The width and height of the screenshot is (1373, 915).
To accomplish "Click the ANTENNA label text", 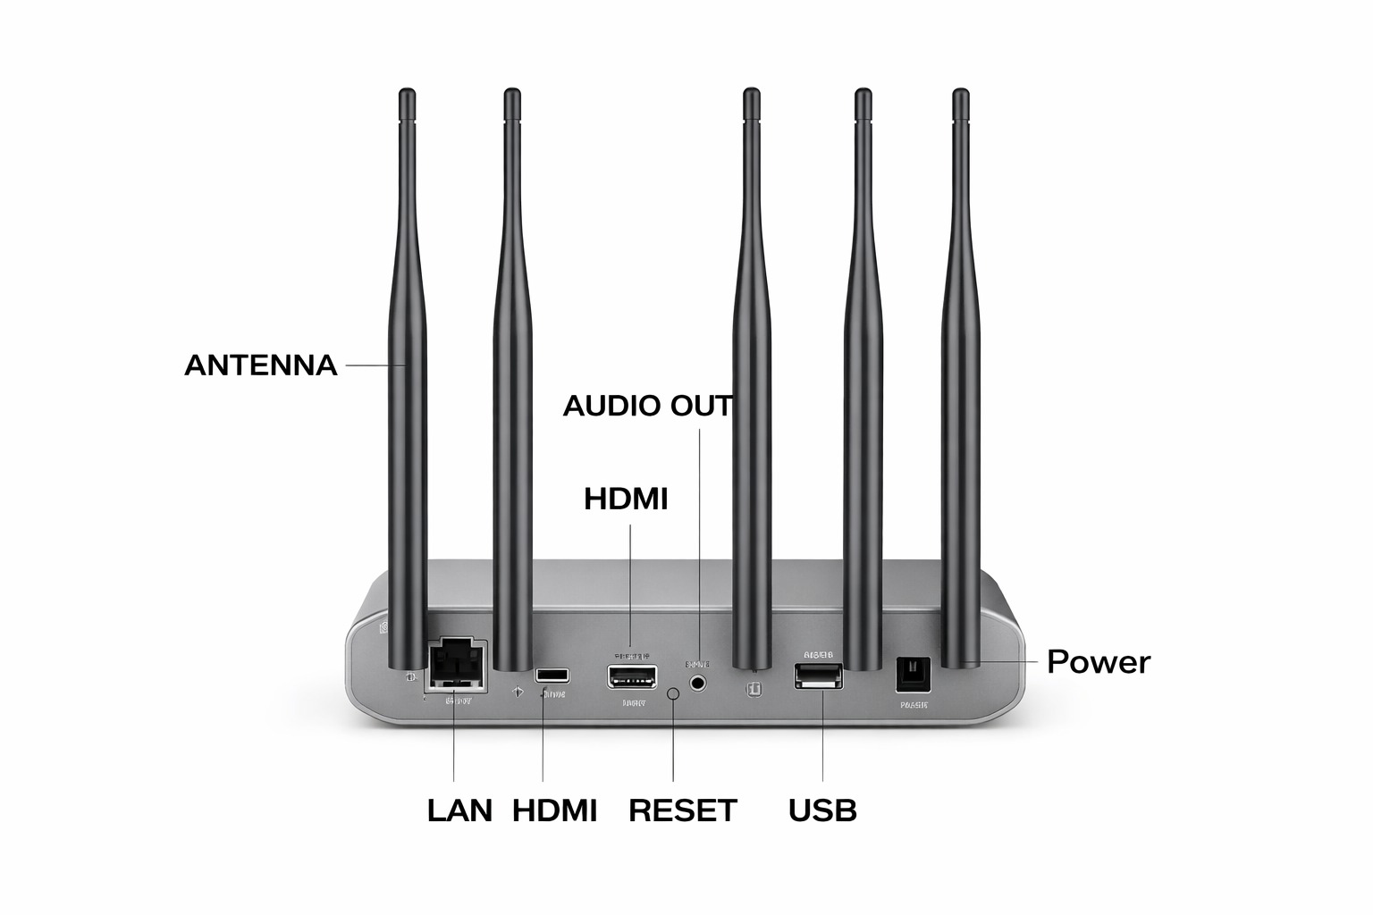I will (260, 365).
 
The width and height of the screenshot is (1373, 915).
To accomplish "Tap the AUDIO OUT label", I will (647, 406).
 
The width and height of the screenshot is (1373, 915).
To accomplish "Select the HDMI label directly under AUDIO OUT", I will (626, 499).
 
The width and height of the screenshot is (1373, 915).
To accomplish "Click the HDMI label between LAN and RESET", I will (554, 810).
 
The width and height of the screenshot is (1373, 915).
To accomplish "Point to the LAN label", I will (459, 810).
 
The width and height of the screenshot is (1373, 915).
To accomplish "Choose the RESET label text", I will (683, 810).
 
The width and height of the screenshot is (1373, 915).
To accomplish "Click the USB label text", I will (822, 810).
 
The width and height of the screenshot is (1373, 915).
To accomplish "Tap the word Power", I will (1099, 662).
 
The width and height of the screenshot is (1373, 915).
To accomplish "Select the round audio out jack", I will (698, 683).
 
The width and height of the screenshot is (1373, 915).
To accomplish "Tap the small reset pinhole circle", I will (673, 693).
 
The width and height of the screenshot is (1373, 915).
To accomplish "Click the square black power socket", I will (913, 675).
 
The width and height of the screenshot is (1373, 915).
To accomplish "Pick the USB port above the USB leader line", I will (818, 676).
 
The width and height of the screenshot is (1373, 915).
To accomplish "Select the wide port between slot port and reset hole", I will (632, 676).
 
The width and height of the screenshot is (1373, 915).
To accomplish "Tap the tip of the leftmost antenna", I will (407, 95).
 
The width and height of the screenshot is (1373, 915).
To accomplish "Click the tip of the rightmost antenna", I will (960, 95).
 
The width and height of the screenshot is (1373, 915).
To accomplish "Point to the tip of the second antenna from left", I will (511, 95).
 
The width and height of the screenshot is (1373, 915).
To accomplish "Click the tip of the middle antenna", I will (752, 95).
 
